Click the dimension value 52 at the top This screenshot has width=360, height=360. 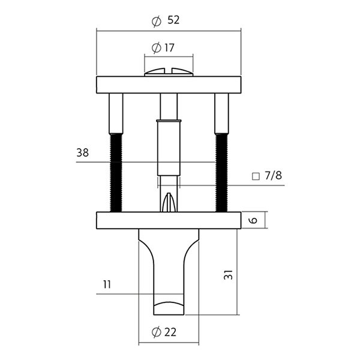pos(173,20)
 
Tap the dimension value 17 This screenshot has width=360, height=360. pos(169,48)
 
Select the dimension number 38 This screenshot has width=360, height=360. pos(82,152)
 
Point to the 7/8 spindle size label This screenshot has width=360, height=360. pos(273,176)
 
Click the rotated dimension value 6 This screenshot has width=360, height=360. pos(253,220)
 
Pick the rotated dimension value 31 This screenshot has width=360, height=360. pos(228,275)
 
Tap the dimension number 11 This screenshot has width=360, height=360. pos(107,284)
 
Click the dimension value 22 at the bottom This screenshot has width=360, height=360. pos(170,332)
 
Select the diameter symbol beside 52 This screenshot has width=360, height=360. pos(157,22)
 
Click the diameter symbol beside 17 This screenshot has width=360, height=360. pos(157,48)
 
